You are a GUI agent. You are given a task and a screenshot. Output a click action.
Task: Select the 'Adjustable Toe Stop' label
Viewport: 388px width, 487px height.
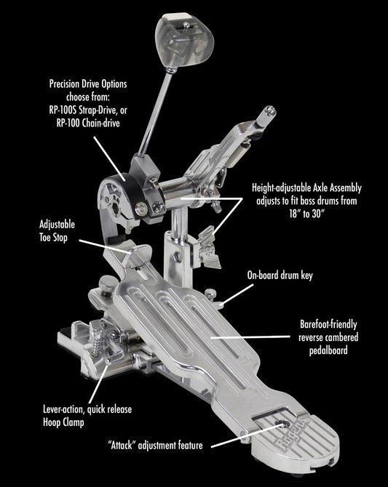click(x=57, y=231)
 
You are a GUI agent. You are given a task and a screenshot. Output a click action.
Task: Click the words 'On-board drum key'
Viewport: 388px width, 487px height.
click(x=280, y=275)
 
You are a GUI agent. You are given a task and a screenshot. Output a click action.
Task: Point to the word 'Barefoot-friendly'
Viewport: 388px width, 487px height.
click(x=328, y=324)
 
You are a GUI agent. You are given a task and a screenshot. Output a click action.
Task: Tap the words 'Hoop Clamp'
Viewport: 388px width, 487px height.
click(x=63, y=422)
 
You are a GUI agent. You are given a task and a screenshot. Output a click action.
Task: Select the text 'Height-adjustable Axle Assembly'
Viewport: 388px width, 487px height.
click(x=306, y=188)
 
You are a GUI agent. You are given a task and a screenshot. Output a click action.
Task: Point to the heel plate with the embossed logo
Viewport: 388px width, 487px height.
click(x=294, y=438)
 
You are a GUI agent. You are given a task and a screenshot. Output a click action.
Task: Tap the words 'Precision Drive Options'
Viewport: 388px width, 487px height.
click(x=88, y=84)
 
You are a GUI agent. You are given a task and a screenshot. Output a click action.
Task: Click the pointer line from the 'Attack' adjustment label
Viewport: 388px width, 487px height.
click(x=247, y=435)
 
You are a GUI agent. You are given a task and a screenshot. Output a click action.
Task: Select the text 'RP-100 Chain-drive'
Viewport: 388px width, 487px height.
click(x=88, y=124)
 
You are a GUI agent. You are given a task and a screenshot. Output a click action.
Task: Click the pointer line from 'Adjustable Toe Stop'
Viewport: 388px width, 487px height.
click(x=105, y=246)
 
